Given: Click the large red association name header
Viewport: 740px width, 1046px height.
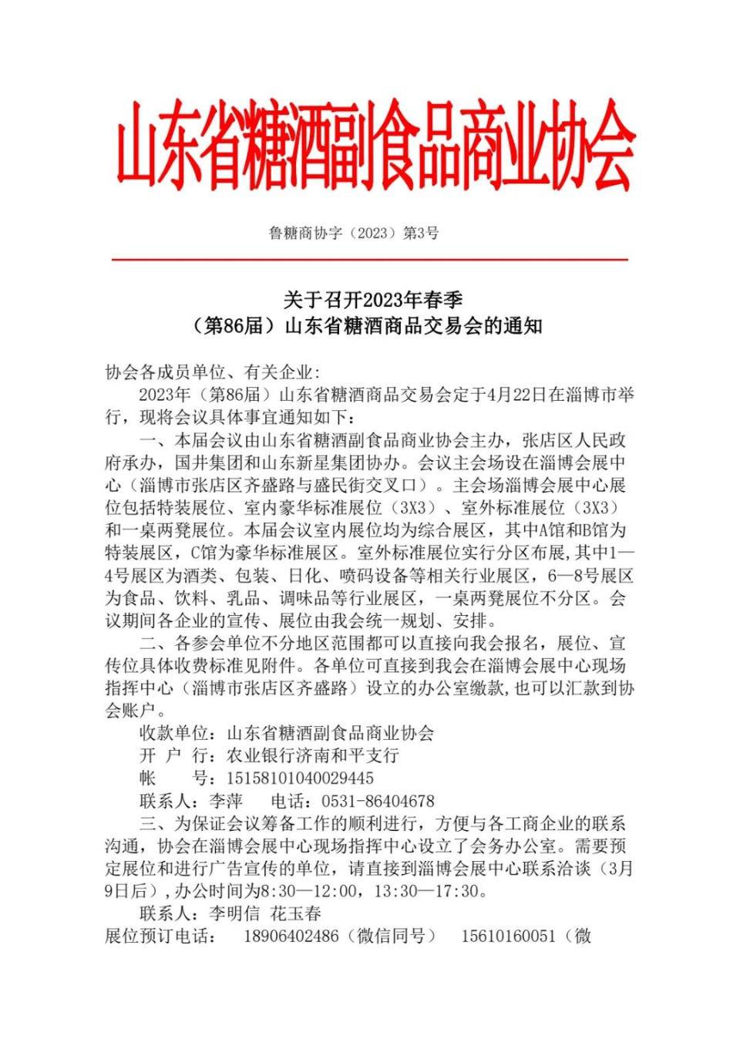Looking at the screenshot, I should click(x=375, y=147).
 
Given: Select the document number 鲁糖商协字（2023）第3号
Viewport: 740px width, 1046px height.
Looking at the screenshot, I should click(x=353, y=233).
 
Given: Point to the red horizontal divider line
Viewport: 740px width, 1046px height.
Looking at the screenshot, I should click(x=370, y=260).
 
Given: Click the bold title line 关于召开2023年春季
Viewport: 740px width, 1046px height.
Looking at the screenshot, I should click(x=372, y=299).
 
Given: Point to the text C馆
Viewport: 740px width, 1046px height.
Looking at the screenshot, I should click(x=205, y=553).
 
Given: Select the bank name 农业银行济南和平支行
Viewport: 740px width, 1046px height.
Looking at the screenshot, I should click(x=312, y=755).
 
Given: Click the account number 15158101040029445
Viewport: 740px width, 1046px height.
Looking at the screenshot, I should click(x=300, y=779).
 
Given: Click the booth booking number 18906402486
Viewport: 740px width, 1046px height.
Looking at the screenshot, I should click(x=291, y=937).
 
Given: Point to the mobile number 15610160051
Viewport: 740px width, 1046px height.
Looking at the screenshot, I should click(x=508, y=937).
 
